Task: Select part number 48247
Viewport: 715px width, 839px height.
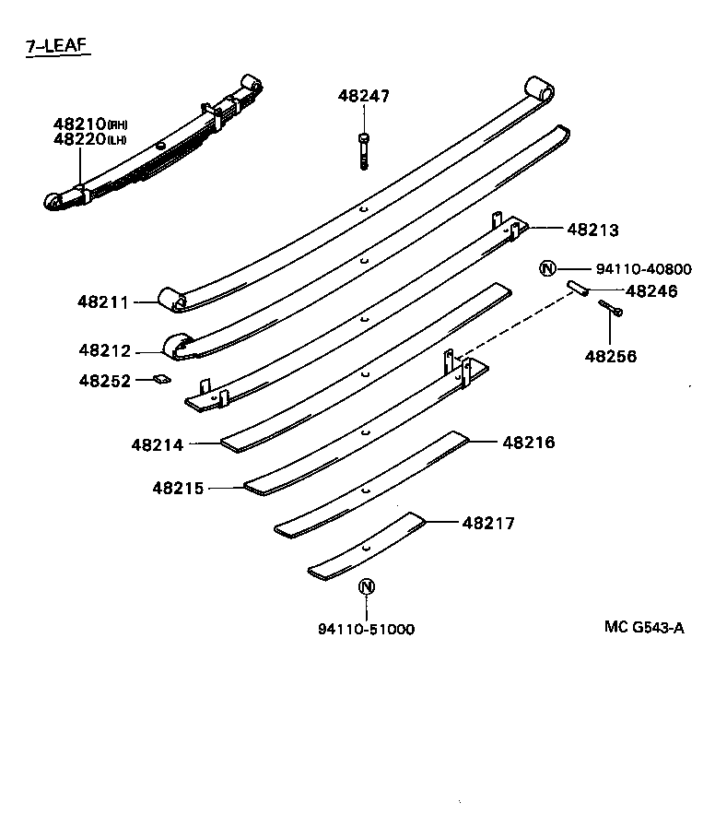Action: (363, 95)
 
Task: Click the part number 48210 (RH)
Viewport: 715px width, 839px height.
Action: (89, 124)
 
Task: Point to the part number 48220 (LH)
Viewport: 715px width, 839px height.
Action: (89, 139)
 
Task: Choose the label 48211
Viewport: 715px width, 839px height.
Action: (104, 301)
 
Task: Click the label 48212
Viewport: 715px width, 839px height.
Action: (105, 350)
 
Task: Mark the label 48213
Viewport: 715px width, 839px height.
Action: (592, 230)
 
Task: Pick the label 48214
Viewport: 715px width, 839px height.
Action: (157, 444)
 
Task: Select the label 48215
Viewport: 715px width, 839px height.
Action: (179, 488)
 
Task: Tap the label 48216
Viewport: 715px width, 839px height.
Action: (529, 443)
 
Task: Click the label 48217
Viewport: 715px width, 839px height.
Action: (488, 524)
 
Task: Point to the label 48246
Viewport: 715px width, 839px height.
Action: (651, 291)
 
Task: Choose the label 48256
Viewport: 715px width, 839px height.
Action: (610, 356)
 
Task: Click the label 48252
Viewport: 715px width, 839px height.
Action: (105, 380)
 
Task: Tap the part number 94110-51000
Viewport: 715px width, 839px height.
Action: (366, 630)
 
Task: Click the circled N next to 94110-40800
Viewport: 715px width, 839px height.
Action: (547, 269)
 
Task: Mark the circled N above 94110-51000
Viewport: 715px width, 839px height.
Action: (366, 587)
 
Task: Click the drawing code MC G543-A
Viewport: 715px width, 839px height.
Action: (644, 628)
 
